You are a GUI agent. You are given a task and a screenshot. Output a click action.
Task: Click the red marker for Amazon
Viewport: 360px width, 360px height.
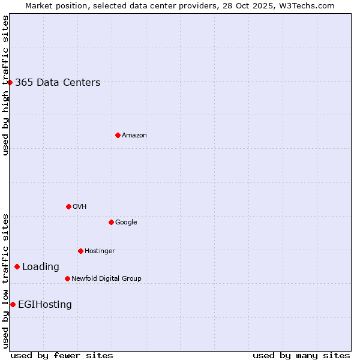tap(118, 135)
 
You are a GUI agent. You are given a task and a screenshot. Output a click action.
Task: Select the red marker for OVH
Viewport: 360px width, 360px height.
tap(68, 206)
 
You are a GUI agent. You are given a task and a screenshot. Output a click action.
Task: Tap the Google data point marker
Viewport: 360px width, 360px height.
tap(111, 222)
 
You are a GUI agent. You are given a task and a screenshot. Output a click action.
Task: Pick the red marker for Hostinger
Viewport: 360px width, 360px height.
tap(80, 251)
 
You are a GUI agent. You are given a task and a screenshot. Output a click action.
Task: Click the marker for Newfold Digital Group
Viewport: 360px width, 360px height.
tap(67, 278)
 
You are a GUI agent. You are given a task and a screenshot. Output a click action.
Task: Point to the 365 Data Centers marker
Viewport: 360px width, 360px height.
tap(10, 82)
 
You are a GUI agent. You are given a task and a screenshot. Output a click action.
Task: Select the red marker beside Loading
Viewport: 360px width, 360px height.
tap(17, 266)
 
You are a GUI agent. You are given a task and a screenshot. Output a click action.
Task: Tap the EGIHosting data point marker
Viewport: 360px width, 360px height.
tap(13, 304)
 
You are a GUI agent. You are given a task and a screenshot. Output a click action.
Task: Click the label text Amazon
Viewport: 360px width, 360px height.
tap(134, 136)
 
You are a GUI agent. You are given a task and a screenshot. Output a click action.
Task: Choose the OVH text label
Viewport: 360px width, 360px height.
tap(80, 207)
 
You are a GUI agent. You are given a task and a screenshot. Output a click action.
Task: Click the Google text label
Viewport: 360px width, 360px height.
tap(126, 223)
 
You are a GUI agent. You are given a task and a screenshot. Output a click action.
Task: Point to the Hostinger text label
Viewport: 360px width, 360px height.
tap(100, 251)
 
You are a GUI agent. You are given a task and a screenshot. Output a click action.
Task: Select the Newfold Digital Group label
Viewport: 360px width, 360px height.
tap(106, 278)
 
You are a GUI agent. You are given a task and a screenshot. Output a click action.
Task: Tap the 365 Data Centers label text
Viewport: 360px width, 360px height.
tap(58, 83)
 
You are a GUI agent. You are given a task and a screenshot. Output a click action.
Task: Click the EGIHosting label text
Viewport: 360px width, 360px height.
tap(45, 305)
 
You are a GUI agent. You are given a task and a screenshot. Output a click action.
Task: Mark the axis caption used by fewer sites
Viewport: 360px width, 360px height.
tap(62, 355)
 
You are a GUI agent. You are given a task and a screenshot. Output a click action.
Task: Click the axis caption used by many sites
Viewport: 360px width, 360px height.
tap(301, 355)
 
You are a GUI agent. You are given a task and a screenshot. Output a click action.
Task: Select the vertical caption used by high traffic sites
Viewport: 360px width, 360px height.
tap(5, 85)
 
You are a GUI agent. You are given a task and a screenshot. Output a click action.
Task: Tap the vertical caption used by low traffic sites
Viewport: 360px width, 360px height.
tap(5, 280)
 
